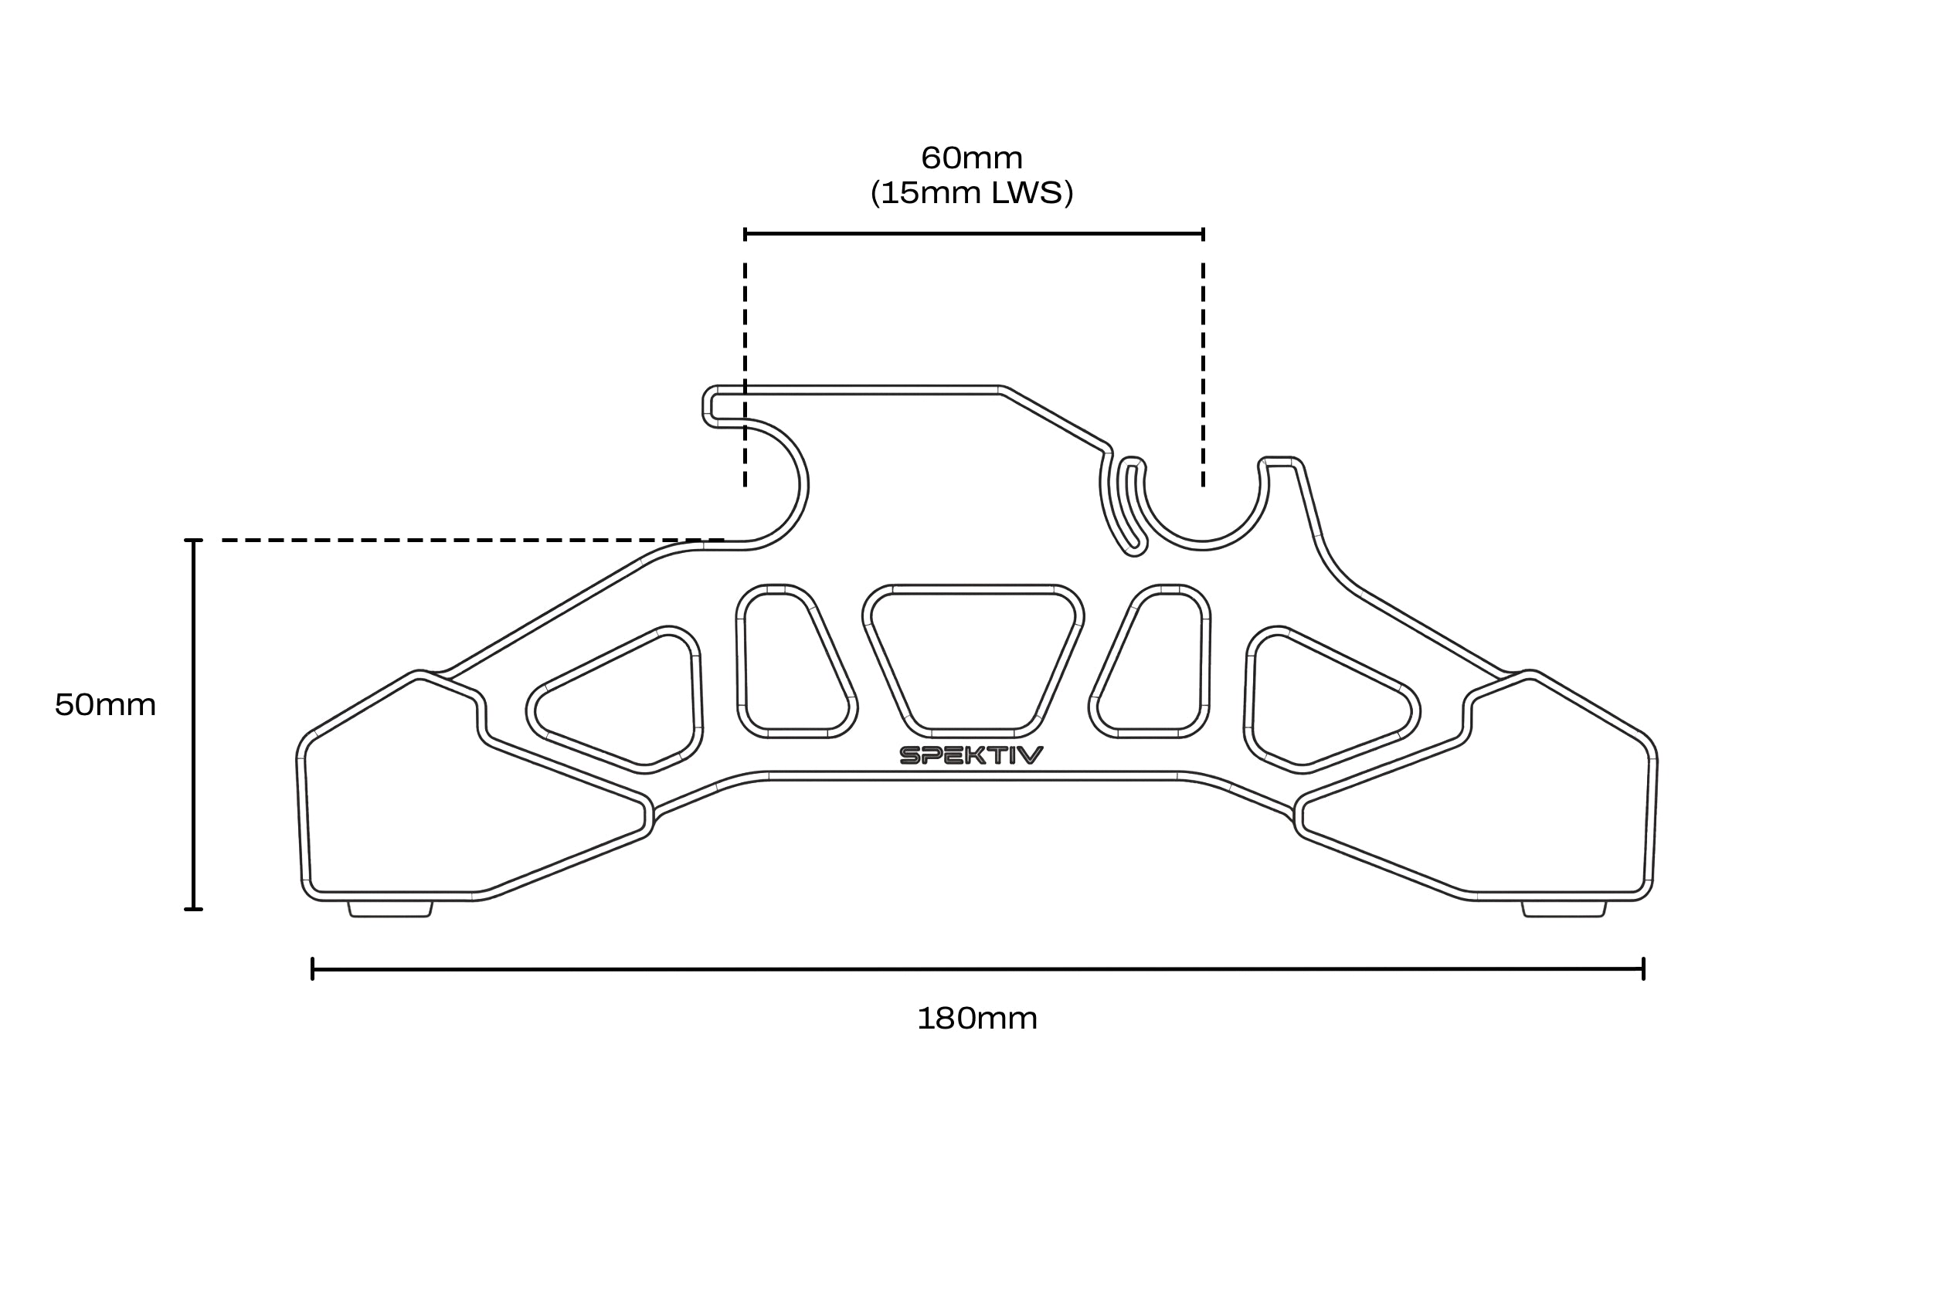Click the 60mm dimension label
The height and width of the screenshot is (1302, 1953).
971,158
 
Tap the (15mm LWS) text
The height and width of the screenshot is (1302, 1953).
971,192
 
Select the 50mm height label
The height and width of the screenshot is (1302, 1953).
106,705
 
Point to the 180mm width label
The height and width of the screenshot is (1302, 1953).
977,1018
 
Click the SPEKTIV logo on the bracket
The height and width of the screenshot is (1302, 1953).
971,754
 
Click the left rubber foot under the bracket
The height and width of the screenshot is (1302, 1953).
389,909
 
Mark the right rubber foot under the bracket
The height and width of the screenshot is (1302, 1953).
1564,909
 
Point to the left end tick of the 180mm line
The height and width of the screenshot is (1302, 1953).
312,968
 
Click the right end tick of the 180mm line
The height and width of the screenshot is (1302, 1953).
1643,968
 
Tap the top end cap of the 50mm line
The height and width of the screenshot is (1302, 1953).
194,540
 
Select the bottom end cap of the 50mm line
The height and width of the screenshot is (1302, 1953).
194,909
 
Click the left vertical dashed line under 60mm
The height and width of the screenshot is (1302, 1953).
746,374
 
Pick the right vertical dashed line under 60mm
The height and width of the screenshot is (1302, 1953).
1203,374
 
